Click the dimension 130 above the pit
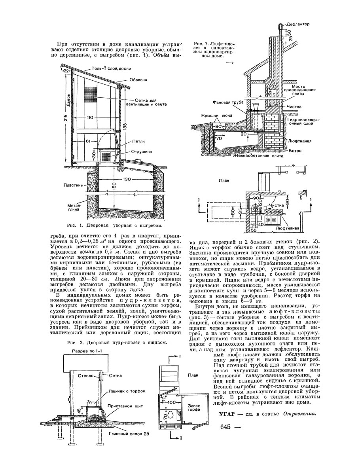coord(127,179)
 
